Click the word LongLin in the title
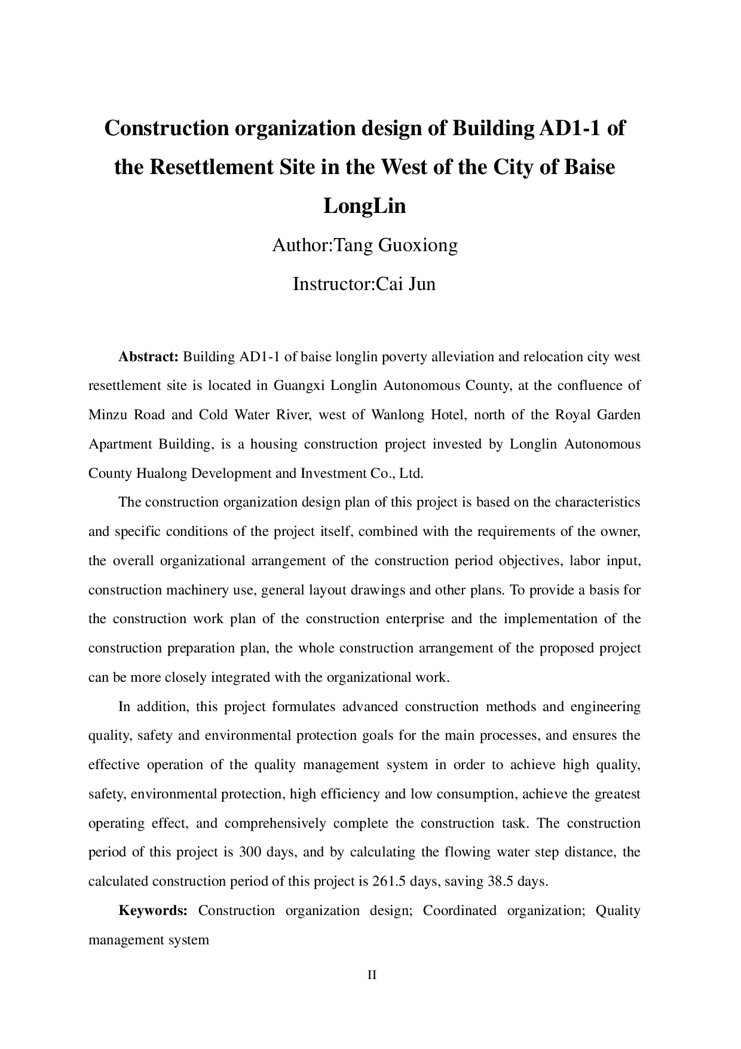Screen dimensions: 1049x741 point(365,206)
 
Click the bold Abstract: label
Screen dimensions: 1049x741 point(149,357)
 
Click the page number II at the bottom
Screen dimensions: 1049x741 point(372,975)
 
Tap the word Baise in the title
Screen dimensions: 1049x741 point(589,167)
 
